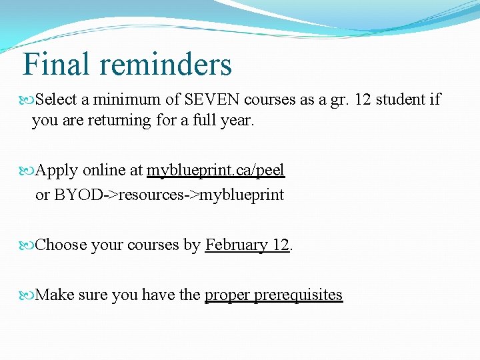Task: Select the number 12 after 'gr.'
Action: pyautogui.click(x=363, y=100)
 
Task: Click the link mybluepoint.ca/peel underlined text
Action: pyautogui.click(x=215, y=171)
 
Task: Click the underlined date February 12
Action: pyautogui.click(x=247, y=245)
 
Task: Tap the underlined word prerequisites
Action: pyautogui.click(x=298, y=295)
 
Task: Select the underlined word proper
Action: pyautogui.click(x=227, y=295)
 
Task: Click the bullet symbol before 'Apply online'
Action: pyautogui.click(x=28, y=171)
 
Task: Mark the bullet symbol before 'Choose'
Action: pyautogui.click(x=28, y=246)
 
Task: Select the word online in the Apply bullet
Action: pyautogui.click(x=105, y=171)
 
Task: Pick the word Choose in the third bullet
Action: pyautogui.click(x=61, y=245)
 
